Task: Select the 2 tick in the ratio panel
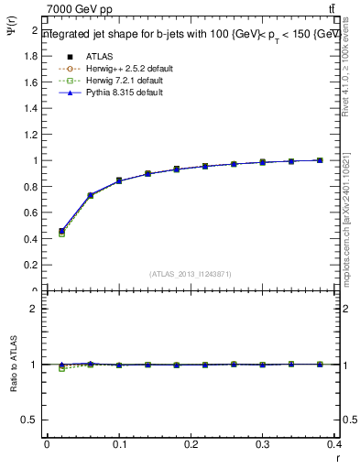tap(37, 309)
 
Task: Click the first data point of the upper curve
tap(61, 232)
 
